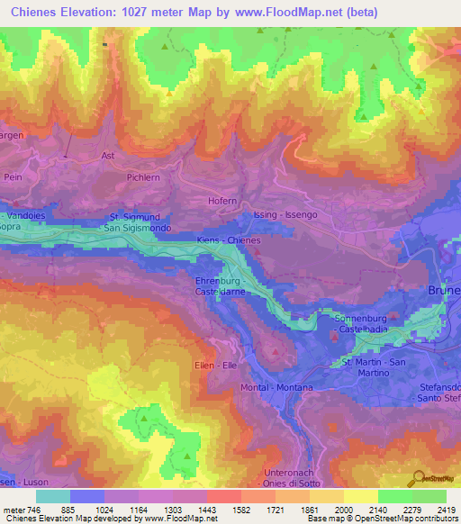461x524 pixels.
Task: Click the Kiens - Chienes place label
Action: click(x=229, y=240)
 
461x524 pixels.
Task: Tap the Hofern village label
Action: click(x=222, y=202)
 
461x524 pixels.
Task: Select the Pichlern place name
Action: click(x=143, y=178)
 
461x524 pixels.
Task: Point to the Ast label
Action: click(x=109, y=155)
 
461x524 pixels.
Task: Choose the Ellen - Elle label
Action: click(x=215, y=366)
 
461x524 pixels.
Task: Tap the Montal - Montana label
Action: click(x=276, y=387)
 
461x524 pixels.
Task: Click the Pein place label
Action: click(x=13, y=178)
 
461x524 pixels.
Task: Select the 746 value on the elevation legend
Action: click(x=26, y=510)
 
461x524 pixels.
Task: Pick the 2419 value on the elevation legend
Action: click(x=434, y=510)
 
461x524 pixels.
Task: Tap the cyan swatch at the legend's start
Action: click(x=53, y=496)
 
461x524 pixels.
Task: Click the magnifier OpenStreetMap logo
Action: click(x=419, y=477)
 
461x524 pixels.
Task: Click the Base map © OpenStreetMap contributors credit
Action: click(x=382, y=519)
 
